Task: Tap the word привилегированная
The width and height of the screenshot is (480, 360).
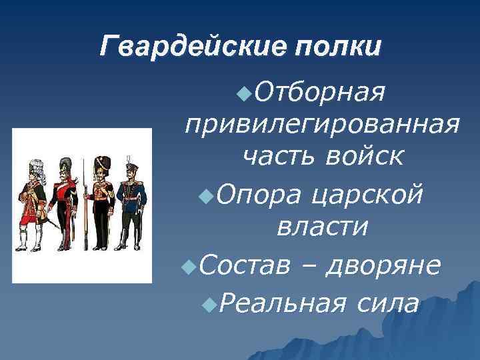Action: (322, 124)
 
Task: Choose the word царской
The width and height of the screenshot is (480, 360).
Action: (365, 195)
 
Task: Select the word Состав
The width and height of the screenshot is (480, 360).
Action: (243, 265)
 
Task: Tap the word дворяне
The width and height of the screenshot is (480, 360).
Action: (384, 265)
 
